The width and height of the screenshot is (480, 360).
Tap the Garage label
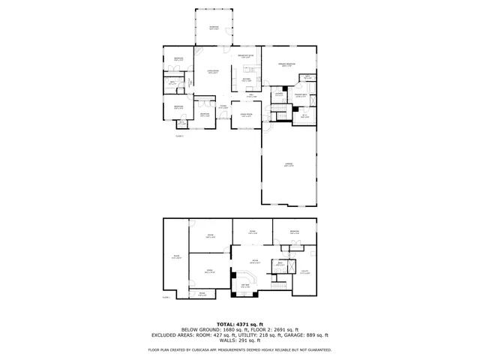(x=288, y=164)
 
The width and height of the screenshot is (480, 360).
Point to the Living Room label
(x=213, y=72)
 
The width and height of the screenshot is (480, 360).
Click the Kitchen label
(x=246, y=80)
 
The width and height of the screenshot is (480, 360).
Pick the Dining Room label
(x=245, y=115)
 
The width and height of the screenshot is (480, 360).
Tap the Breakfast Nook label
(x=246, y=57)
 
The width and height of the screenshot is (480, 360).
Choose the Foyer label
(x=223, y=107)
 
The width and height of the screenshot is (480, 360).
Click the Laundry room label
(x=278, y=94)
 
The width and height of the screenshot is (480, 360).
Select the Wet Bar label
(x=244, y=285)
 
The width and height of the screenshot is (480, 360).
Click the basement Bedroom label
(x=294, y=232)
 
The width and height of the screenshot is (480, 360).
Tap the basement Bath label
(x=280, y=263)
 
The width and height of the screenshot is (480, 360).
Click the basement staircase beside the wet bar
(x=280, y=286)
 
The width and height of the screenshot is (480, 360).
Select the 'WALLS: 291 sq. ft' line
(x=240, y=340)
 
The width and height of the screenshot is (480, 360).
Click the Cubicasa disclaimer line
(x=240, y=349)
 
